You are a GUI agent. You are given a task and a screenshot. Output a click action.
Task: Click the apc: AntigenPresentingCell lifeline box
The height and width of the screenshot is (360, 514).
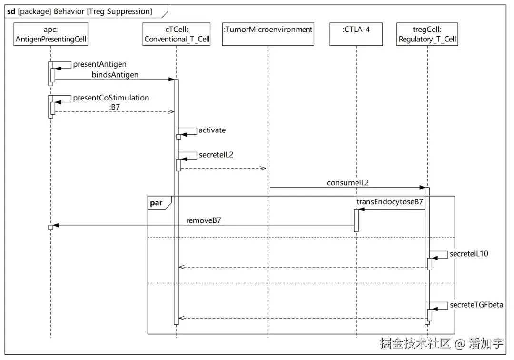[51, 34]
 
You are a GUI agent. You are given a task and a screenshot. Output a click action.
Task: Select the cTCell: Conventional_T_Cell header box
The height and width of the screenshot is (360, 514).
[177, 34]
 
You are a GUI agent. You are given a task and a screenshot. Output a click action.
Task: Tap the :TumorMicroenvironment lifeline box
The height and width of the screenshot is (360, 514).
[268, 34]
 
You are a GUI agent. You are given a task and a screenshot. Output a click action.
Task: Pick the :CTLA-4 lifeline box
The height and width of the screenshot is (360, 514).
[356, 34]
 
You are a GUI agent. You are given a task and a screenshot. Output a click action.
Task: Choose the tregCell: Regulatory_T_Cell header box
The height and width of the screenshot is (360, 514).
[427, 34]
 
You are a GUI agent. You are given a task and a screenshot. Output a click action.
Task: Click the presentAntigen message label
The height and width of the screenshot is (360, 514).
[99, 64]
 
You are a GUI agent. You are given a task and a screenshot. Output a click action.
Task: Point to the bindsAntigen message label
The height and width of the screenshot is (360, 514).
[115, 75]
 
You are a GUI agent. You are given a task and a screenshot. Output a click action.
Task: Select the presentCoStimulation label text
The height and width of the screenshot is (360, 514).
[111, 98]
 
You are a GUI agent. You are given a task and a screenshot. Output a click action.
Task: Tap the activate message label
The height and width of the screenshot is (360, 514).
[212, 130]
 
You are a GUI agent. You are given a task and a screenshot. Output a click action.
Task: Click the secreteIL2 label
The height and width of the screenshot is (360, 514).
[216, 155]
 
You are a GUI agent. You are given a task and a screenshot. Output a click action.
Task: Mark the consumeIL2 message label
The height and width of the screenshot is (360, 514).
[348, 183]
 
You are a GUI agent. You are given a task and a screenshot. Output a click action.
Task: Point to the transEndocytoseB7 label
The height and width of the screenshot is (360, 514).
[390, 201]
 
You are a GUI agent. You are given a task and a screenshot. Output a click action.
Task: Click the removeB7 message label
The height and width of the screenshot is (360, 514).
[204, 220]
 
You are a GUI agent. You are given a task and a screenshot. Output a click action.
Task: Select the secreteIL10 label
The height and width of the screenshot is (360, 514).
[469, 254]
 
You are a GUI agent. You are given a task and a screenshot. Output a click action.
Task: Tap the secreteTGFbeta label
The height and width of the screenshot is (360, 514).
[476, 305]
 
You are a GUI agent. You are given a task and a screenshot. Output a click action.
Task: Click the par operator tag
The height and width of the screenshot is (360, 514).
[157, 203]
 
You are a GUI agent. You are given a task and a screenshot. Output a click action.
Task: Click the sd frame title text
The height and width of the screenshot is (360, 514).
[79, 11]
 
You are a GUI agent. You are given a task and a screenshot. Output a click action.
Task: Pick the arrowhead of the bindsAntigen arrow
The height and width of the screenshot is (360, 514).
[171, 80]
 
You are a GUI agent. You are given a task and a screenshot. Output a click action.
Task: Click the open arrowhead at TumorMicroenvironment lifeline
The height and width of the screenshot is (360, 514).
[263, 168]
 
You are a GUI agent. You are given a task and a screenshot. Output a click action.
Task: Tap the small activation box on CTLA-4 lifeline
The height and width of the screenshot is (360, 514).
[356, 220]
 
